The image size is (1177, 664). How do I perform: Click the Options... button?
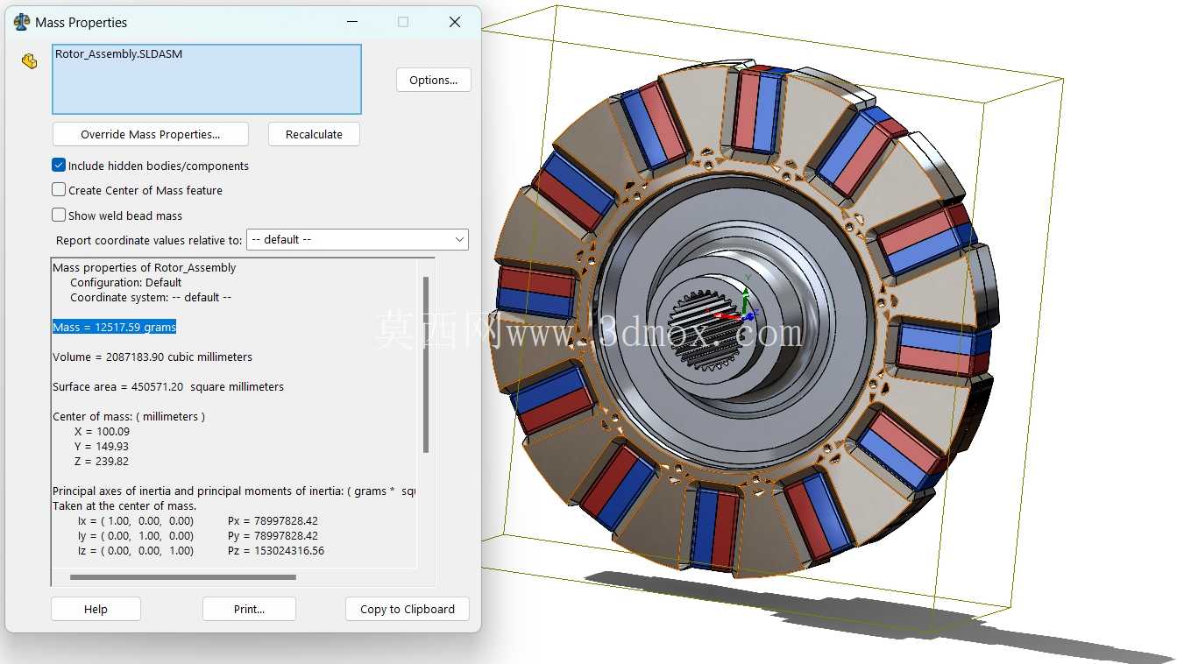[434, 80]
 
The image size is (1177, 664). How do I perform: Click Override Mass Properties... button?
[150, 135]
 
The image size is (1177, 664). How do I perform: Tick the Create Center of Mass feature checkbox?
[59, 189]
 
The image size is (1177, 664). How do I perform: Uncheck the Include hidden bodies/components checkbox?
[59, 165]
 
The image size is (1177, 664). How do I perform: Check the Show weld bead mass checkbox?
[59, 215]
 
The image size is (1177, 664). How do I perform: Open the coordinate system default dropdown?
[358, 239]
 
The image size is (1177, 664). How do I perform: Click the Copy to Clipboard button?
[408, 609]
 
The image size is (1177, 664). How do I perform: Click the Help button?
[96, 609]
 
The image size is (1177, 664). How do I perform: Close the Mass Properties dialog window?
[455, 22]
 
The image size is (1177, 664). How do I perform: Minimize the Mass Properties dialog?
[352, 22]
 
